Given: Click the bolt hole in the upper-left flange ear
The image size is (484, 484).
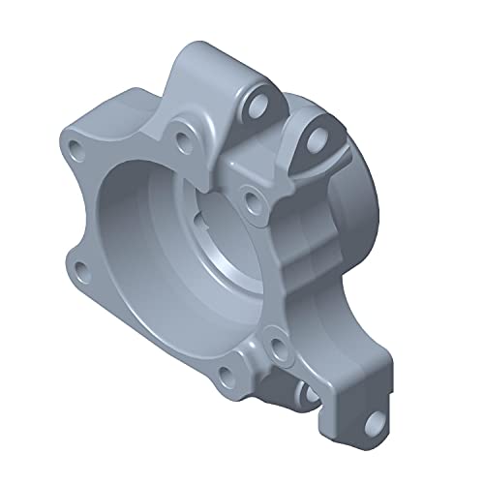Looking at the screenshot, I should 75,148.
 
